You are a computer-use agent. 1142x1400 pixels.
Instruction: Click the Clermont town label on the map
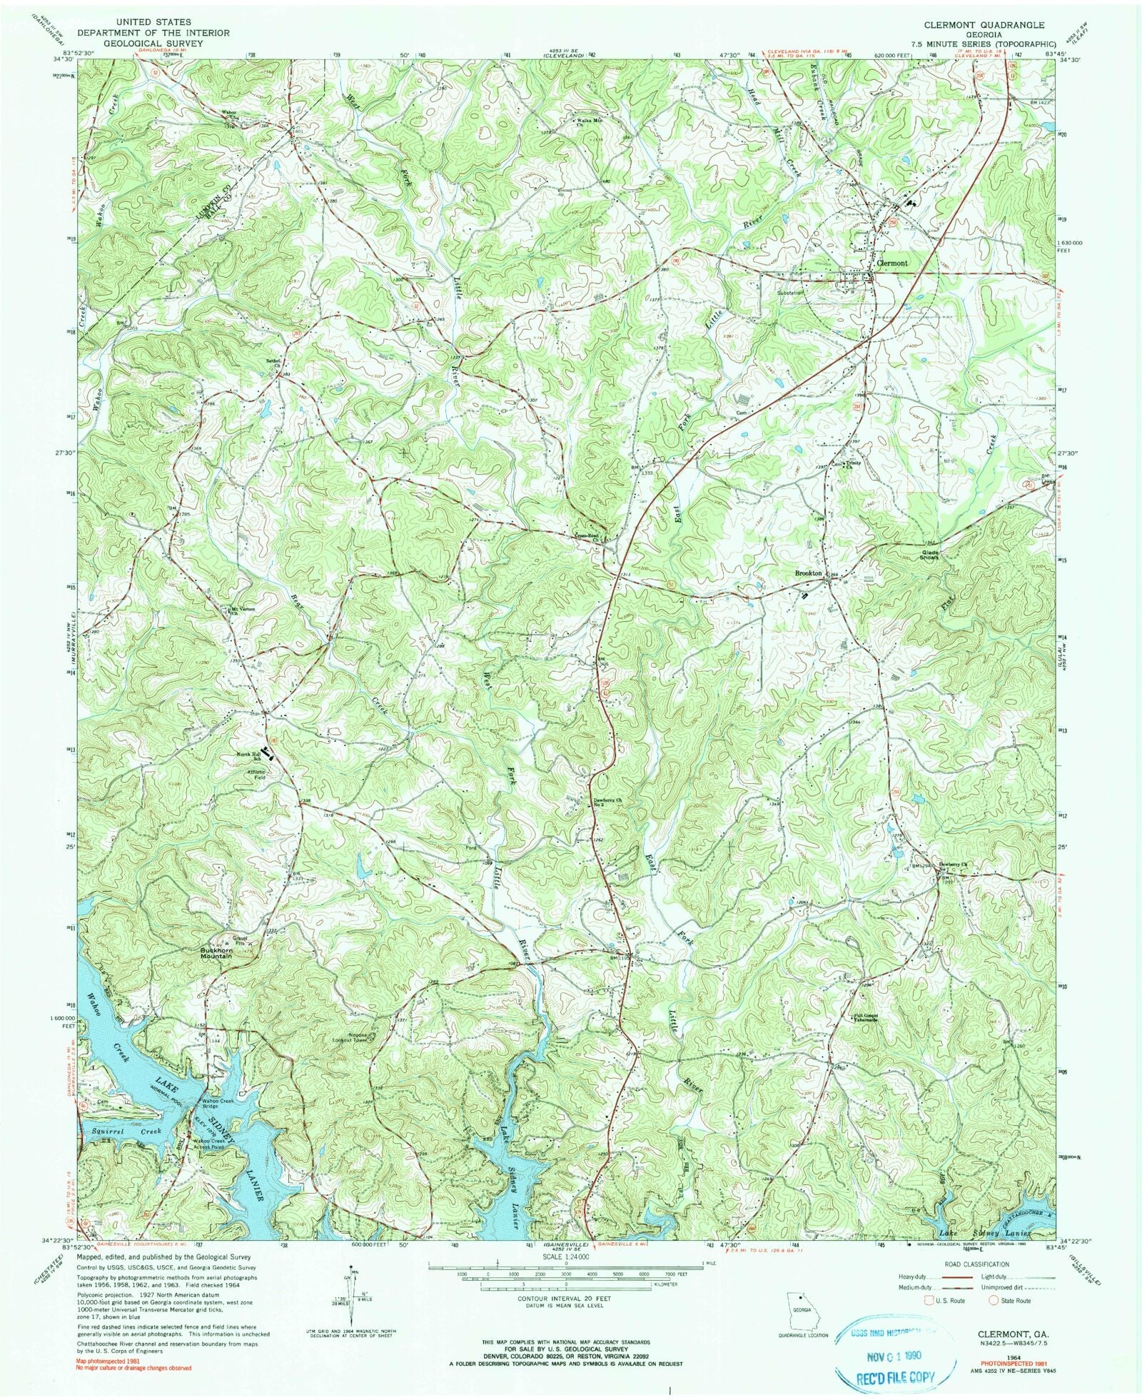click(x=891, y=263)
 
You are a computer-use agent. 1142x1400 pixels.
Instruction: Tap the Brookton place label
click(x=809, y=573)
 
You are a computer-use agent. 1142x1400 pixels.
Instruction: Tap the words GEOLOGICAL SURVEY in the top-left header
click(x=153, y=44)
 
